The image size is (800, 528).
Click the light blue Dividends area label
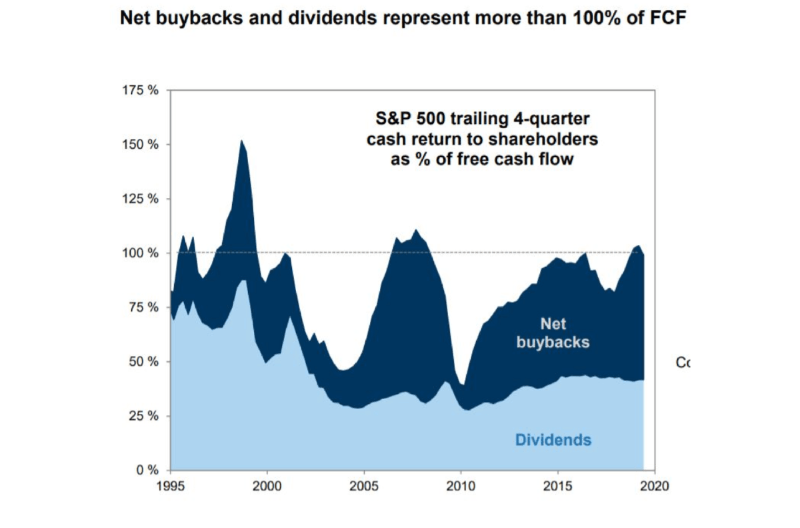(x=553, y=441)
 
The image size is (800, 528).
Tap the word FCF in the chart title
(x=666, y=19)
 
